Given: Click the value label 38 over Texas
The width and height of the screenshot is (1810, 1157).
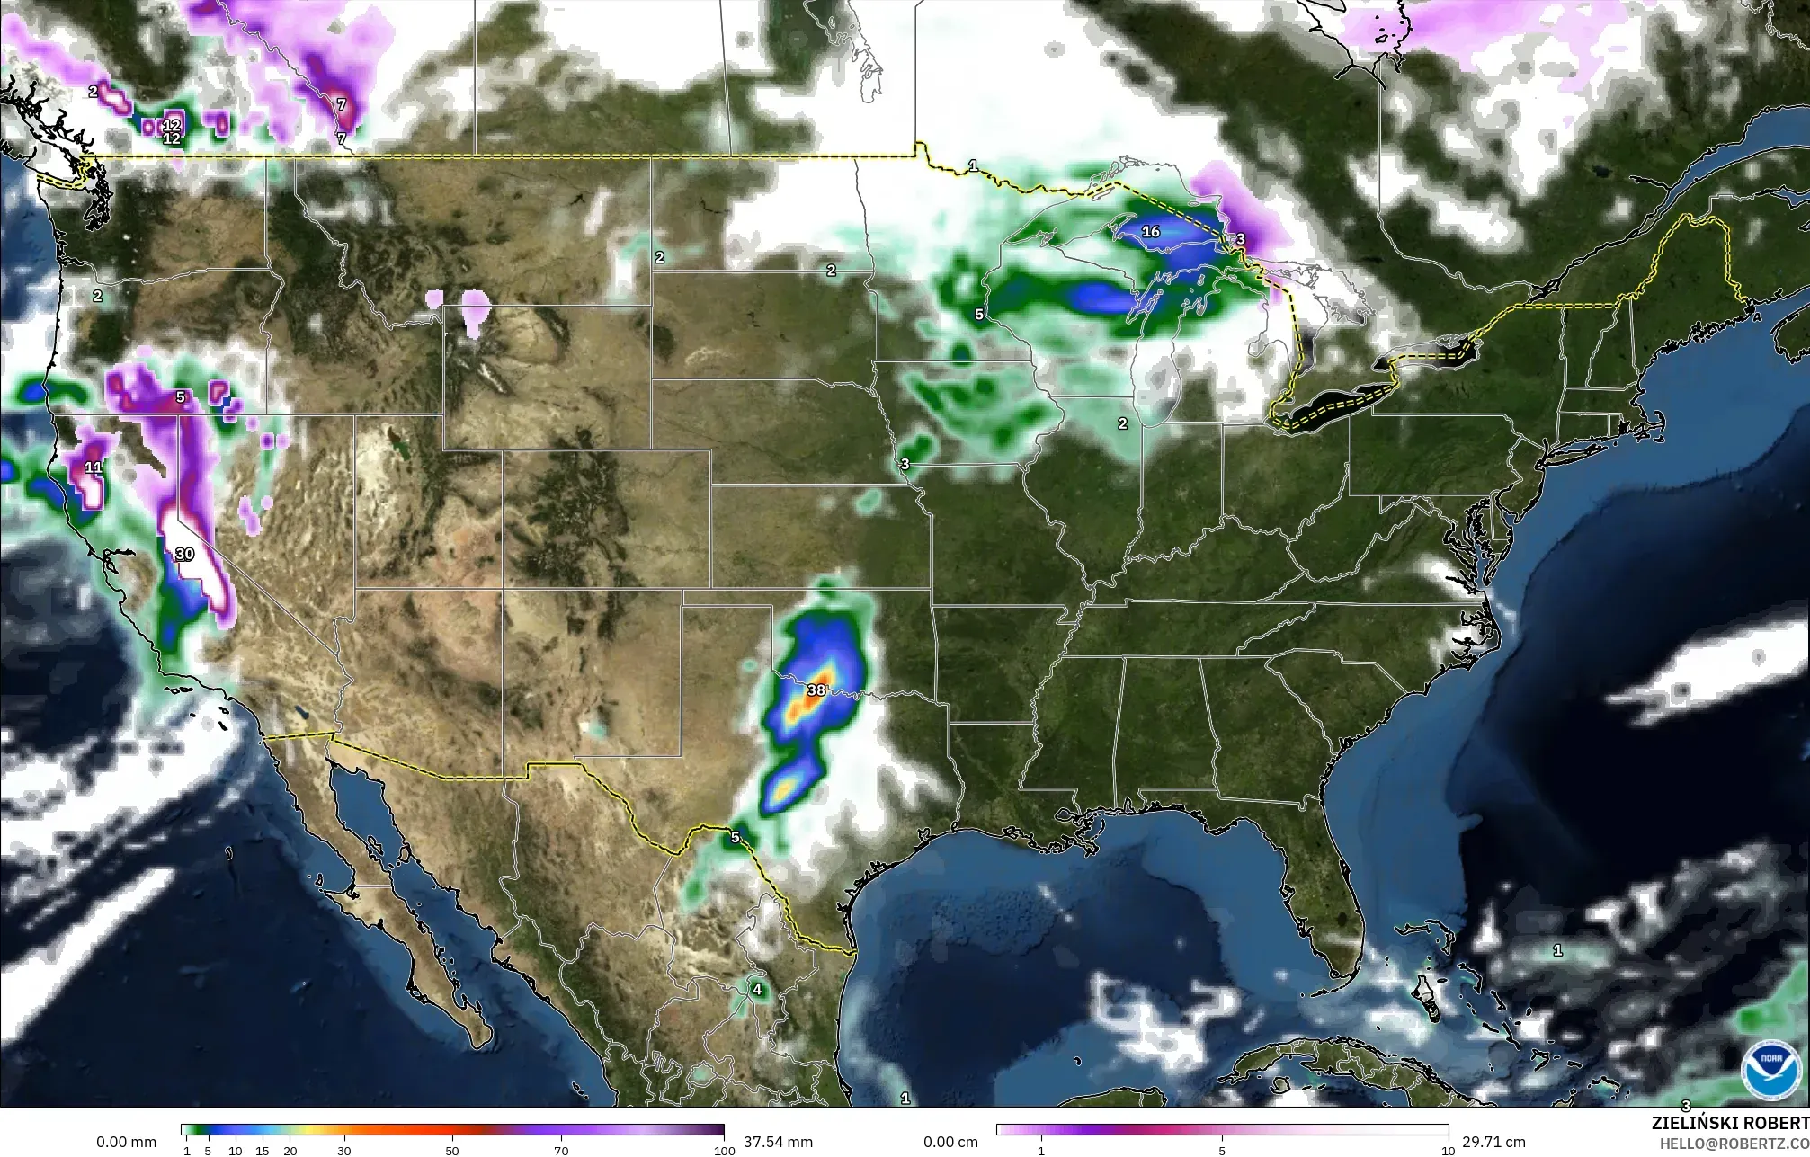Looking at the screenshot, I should (816, 690).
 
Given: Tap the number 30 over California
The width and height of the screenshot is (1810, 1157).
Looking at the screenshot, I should (184, 554).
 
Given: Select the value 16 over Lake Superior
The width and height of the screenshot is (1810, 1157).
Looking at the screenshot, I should (1150, 231).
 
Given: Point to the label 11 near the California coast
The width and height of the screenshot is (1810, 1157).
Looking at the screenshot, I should (94, 467).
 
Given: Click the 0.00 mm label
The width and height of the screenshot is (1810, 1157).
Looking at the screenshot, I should (126, 1142).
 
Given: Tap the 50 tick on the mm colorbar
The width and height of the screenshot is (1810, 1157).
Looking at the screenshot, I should (452, 1150).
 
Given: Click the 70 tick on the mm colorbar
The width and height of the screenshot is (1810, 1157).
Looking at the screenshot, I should (561, 1150).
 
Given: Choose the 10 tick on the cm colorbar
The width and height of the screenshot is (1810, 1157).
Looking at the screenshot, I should (1447, 1150).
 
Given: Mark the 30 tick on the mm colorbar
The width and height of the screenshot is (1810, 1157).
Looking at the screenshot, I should (343, 1150).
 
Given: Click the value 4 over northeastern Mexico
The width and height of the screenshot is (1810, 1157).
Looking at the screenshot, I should (757, 990).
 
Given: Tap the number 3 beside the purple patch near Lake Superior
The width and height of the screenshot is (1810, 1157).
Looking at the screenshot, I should (1240, 239).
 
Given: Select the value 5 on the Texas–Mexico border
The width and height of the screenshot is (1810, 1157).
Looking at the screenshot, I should (735, 837).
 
